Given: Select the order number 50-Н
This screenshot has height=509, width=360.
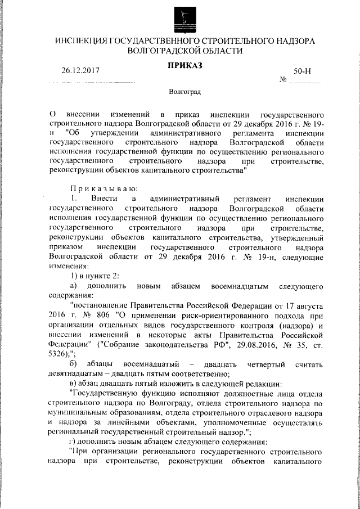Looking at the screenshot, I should (x=303, y=73).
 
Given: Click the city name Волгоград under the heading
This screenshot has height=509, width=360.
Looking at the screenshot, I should (x=185, y=91).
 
